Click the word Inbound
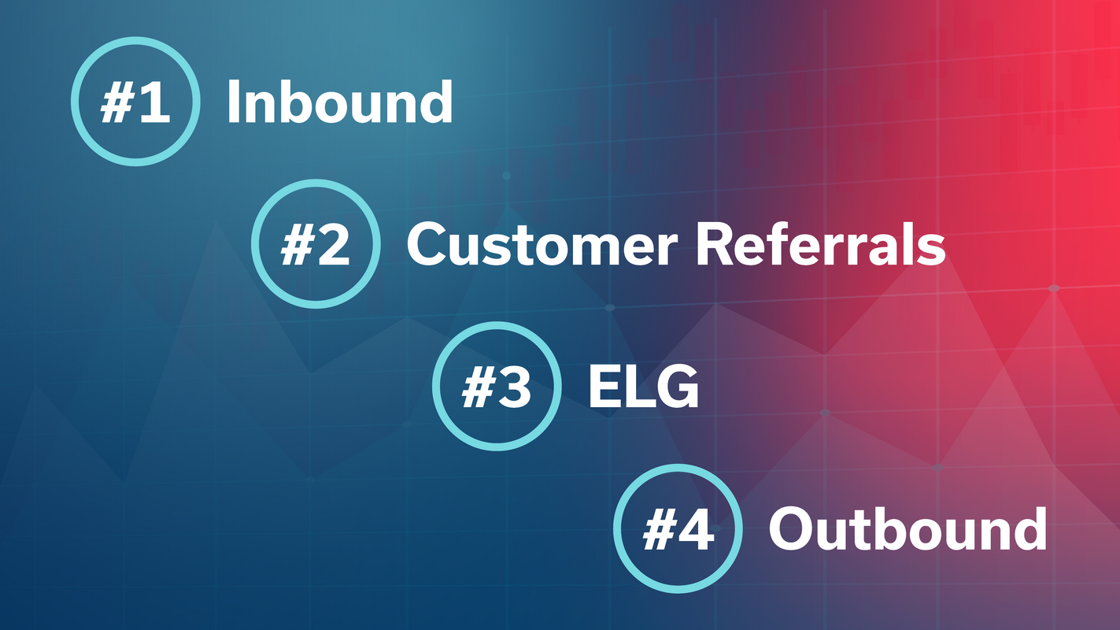[339, 102]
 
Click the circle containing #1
[135, 102]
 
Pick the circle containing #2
[316, 243]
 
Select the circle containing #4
[678, 528]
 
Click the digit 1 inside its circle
[154, 103]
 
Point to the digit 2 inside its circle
[333, 245]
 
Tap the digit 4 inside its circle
[696, 529]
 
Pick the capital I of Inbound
[233, 102]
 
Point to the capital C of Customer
[428, 245]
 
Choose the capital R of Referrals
[715, 245]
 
